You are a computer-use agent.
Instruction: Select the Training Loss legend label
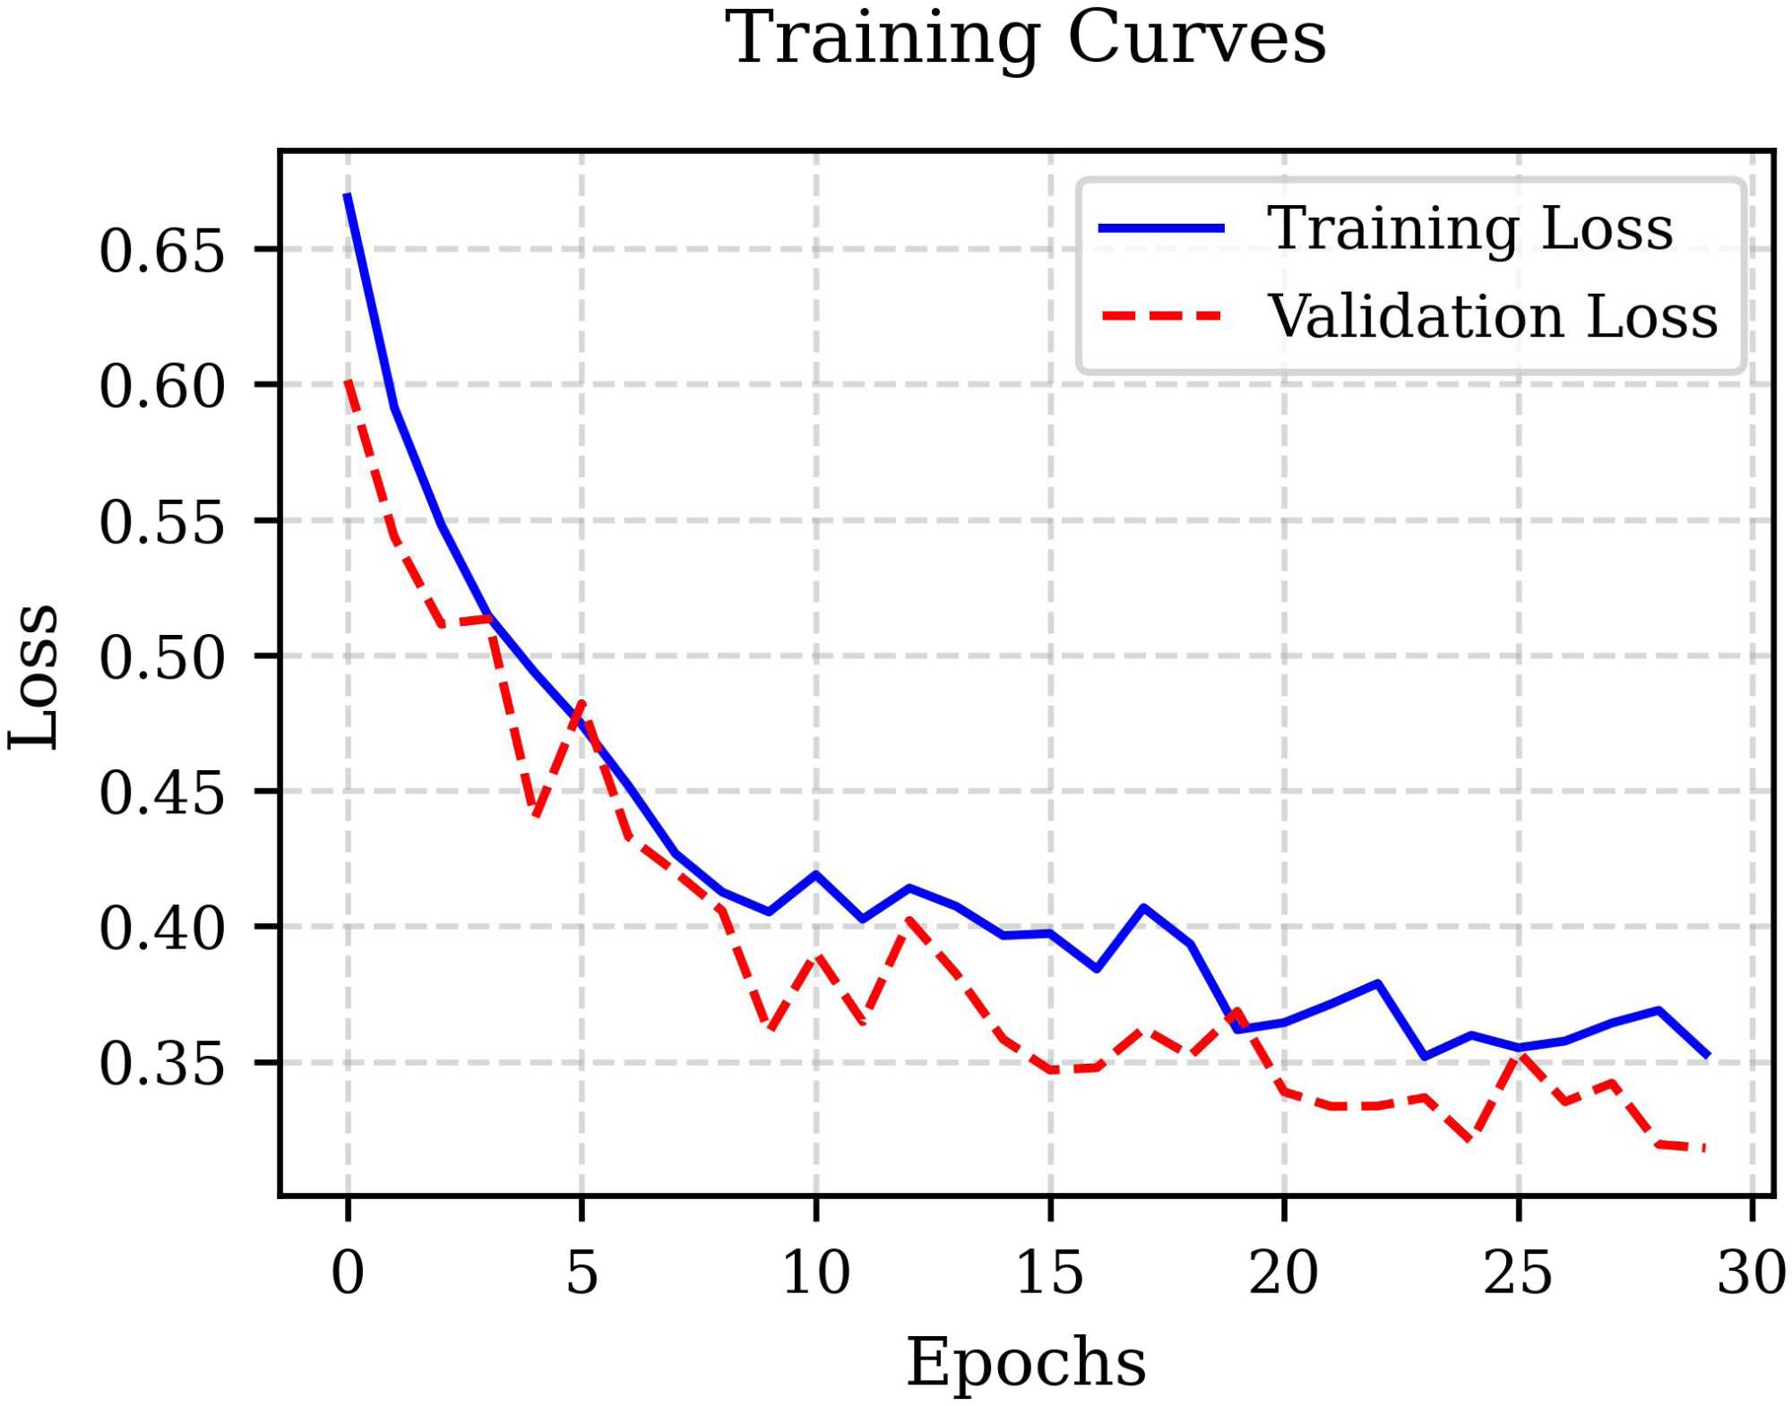[x=1469, y=228]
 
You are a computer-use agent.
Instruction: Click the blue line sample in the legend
[x=1161, y=229]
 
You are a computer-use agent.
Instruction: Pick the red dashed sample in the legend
[x=1161, y=316]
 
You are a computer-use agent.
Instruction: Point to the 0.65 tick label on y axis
[x=161, y=251]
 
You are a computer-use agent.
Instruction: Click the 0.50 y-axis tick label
[x=161, y=657]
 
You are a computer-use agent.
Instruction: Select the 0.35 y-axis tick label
[x=161, y=1064]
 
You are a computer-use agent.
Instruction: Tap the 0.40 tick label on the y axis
[x=161, y=928]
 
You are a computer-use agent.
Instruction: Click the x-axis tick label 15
[x=1049, y=1273]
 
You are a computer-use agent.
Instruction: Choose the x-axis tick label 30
[x=1752, y=1273]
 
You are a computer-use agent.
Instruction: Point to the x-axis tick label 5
[x=582, y=1273]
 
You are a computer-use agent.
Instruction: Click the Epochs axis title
[x=1026, y=1362]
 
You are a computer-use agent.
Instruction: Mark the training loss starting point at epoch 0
[x=348, y=194]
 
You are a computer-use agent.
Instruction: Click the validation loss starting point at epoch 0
[x=348, y=382]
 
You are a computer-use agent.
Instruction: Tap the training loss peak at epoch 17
[x=1144, y=907]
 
